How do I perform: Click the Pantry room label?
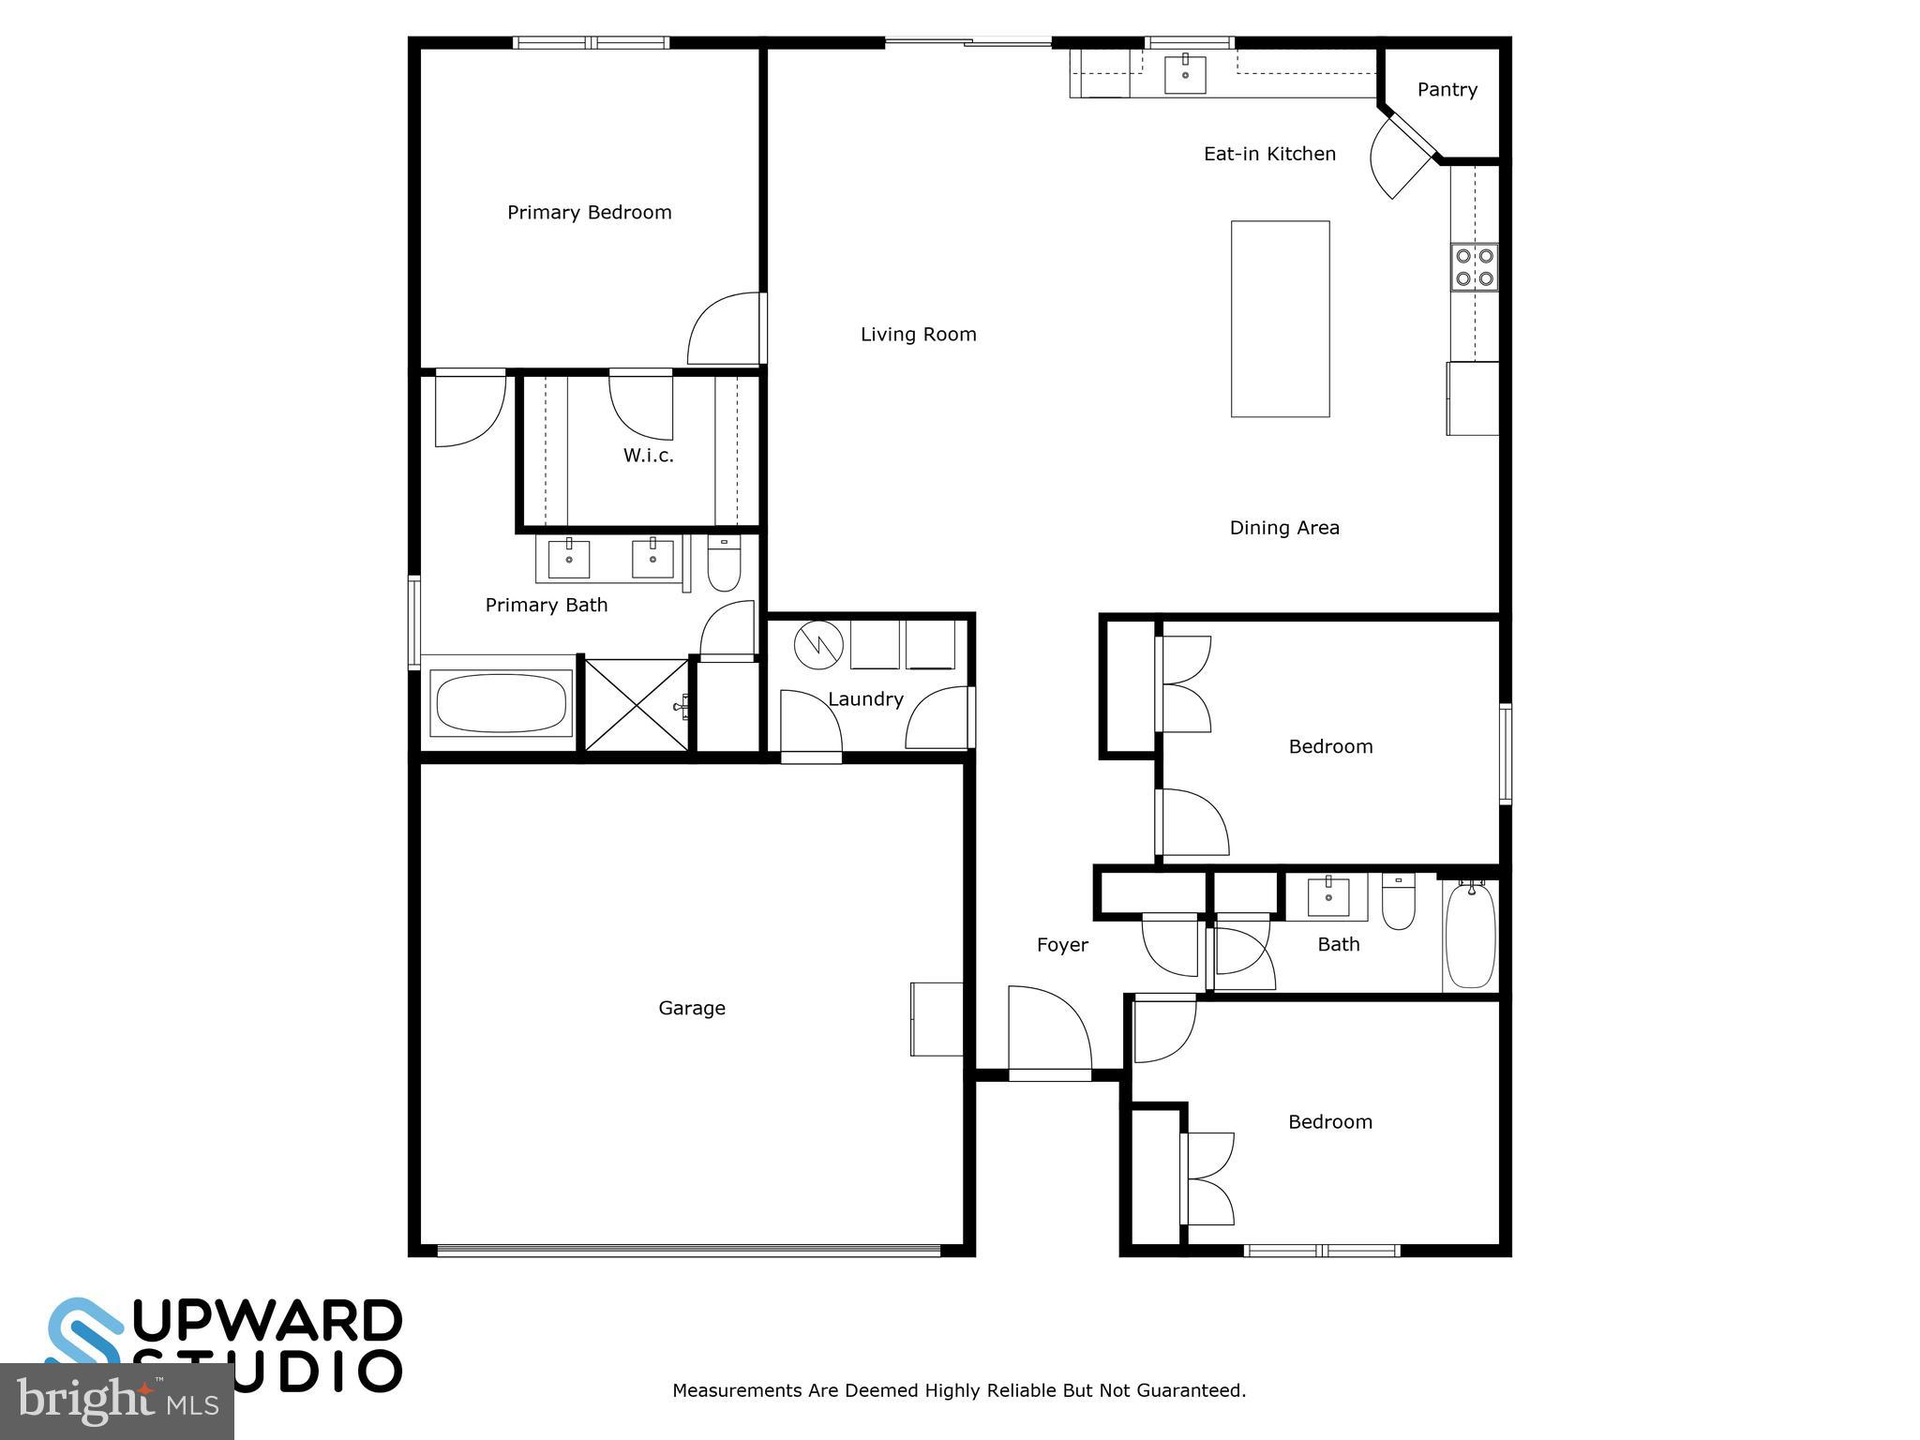[1447, 90]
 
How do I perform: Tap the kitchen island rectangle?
[1280, 319]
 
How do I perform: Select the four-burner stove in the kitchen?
[1474, 267]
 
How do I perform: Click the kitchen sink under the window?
[1185, 74]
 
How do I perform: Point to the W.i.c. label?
[648, 456]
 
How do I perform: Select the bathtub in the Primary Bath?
[502, 703]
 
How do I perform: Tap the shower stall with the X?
[637, 704]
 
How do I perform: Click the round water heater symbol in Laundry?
[818, 645]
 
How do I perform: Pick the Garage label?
[692, 1008]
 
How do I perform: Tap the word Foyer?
[1062, 945]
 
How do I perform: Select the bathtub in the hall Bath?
[1469, 935]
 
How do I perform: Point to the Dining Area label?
[1284, 528]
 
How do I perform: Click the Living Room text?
[918, 335]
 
